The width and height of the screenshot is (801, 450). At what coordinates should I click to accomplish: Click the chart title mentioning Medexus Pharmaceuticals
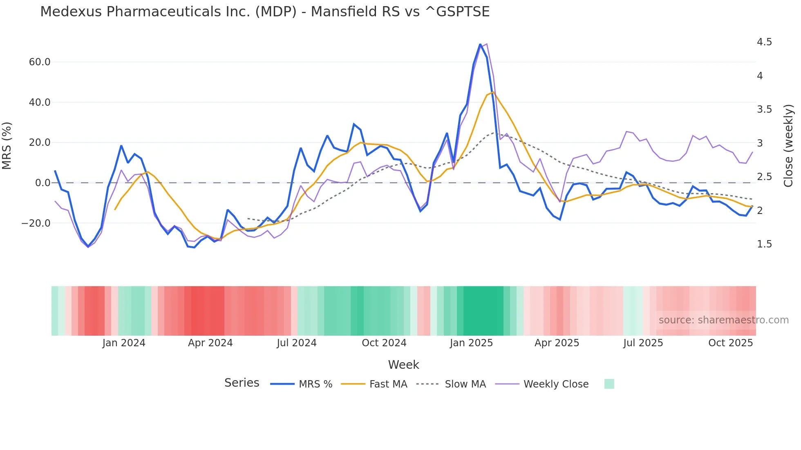point(264,12)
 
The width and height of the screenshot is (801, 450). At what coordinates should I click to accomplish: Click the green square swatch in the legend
point(609,384)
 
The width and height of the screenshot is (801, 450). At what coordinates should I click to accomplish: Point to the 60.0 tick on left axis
point(40,62)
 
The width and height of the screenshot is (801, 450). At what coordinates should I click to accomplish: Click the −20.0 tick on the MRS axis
point(36,223)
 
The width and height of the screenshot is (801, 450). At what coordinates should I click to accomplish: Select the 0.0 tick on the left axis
point(43,183)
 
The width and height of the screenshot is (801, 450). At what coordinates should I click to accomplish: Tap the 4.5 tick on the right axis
point(764,42)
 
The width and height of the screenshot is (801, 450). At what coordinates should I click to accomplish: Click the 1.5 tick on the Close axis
point(764,244)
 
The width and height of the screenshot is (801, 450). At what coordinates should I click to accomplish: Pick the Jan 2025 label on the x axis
point(471,343)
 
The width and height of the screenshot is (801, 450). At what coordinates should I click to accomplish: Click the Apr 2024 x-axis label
point(210,343)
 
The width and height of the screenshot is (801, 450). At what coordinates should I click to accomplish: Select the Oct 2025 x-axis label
point(730,343)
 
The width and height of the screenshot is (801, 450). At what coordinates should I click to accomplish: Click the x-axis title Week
point(403,365)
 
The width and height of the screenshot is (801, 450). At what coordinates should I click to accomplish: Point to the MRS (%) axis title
point(7,145)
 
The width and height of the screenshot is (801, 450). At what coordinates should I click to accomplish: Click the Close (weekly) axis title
point(788,145)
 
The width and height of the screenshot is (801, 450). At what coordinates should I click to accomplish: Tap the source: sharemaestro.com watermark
point(723,320)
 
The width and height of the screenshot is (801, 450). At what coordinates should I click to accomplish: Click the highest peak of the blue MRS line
point(480,44)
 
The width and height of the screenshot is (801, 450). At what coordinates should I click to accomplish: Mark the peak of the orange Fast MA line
point(493,92)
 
